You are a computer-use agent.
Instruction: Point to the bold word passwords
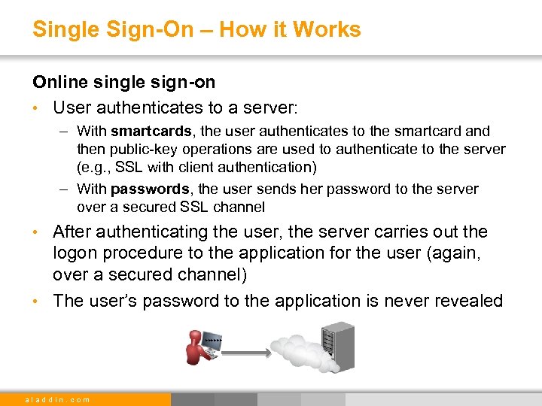[x=151, y=189]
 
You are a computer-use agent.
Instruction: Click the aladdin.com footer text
[x=57, y=399]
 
